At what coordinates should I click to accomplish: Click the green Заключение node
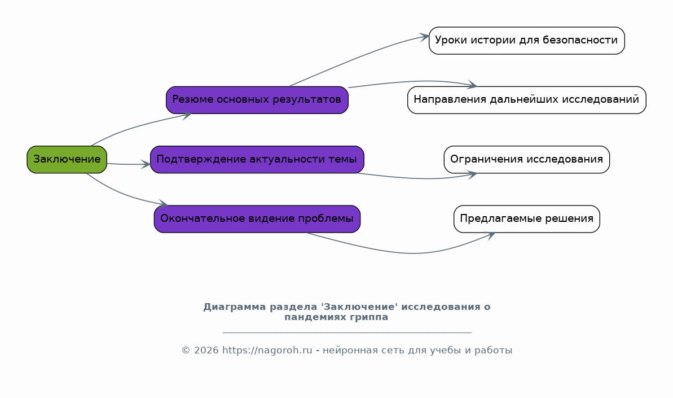click(x=67, y=159)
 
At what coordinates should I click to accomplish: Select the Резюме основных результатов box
click(x=257, y=100)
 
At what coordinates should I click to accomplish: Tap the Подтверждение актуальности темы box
click(x=257, y=159)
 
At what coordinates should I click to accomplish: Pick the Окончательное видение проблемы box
click(x=257, y=219)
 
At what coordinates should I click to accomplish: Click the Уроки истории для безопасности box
click(x=527, y=40)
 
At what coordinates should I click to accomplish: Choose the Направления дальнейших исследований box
click(x=527, y=100)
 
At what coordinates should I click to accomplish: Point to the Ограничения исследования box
click(x=527, y=159)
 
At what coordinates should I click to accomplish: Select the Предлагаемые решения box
click(x=527, y=219)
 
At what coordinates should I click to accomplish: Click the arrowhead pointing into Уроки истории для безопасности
click(x=424, y=37)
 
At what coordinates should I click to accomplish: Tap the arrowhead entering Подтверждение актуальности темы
click(x=146, y=164)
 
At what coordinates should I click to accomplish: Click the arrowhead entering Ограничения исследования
click(x=472, y=175)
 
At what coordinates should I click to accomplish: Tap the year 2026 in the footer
click(x=206, y=351)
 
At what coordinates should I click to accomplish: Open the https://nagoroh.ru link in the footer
click(x=267, y=351)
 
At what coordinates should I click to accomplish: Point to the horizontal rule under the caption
click(x=347, y=333)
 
